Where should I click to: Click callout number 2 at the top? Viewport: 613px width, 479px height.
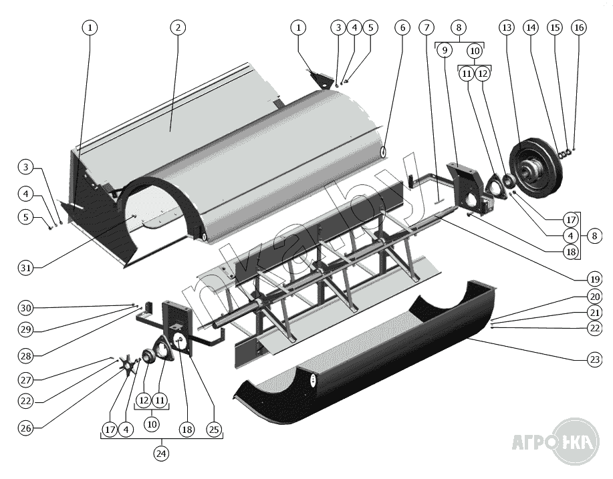coord(178,27)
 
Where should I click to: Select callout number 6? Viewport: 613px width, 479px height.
coord(402,27)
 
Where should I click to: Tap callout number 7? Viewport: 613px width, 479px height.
coord(426,27)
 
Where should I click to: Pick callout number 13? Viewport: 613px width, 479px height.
coord(507,27)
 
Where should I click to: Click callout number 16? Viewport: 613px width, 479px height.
coord(579,27)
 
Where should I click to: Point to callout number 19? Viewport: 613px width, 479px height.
coord(595,279)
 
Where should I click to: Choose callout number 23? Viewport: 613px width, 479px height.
coord(595,359)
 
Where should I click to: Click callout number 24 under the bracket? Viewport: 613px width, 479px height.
coord(161,454)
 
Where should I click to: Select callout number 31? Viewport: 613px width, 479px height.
coord(26,268)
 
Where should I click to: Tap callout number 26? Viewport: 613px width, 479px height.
coord(26,428)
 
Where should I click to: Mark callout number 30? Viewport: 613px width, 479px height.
coord(26,308)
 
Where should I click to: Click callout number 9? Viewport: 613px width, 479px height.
coord(445,50)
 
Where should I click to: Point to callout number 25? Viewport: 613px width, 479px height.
coord(214,430)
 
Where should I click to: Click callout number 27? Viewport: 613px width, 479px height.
coord(26,379)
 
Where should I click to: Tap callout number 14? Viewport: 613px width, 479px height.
coord(531,27)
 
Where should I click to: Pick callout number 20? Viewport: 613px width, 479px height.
coord(595,297)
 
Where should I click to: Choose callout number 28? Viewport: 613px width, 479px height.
coord(26,355)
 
